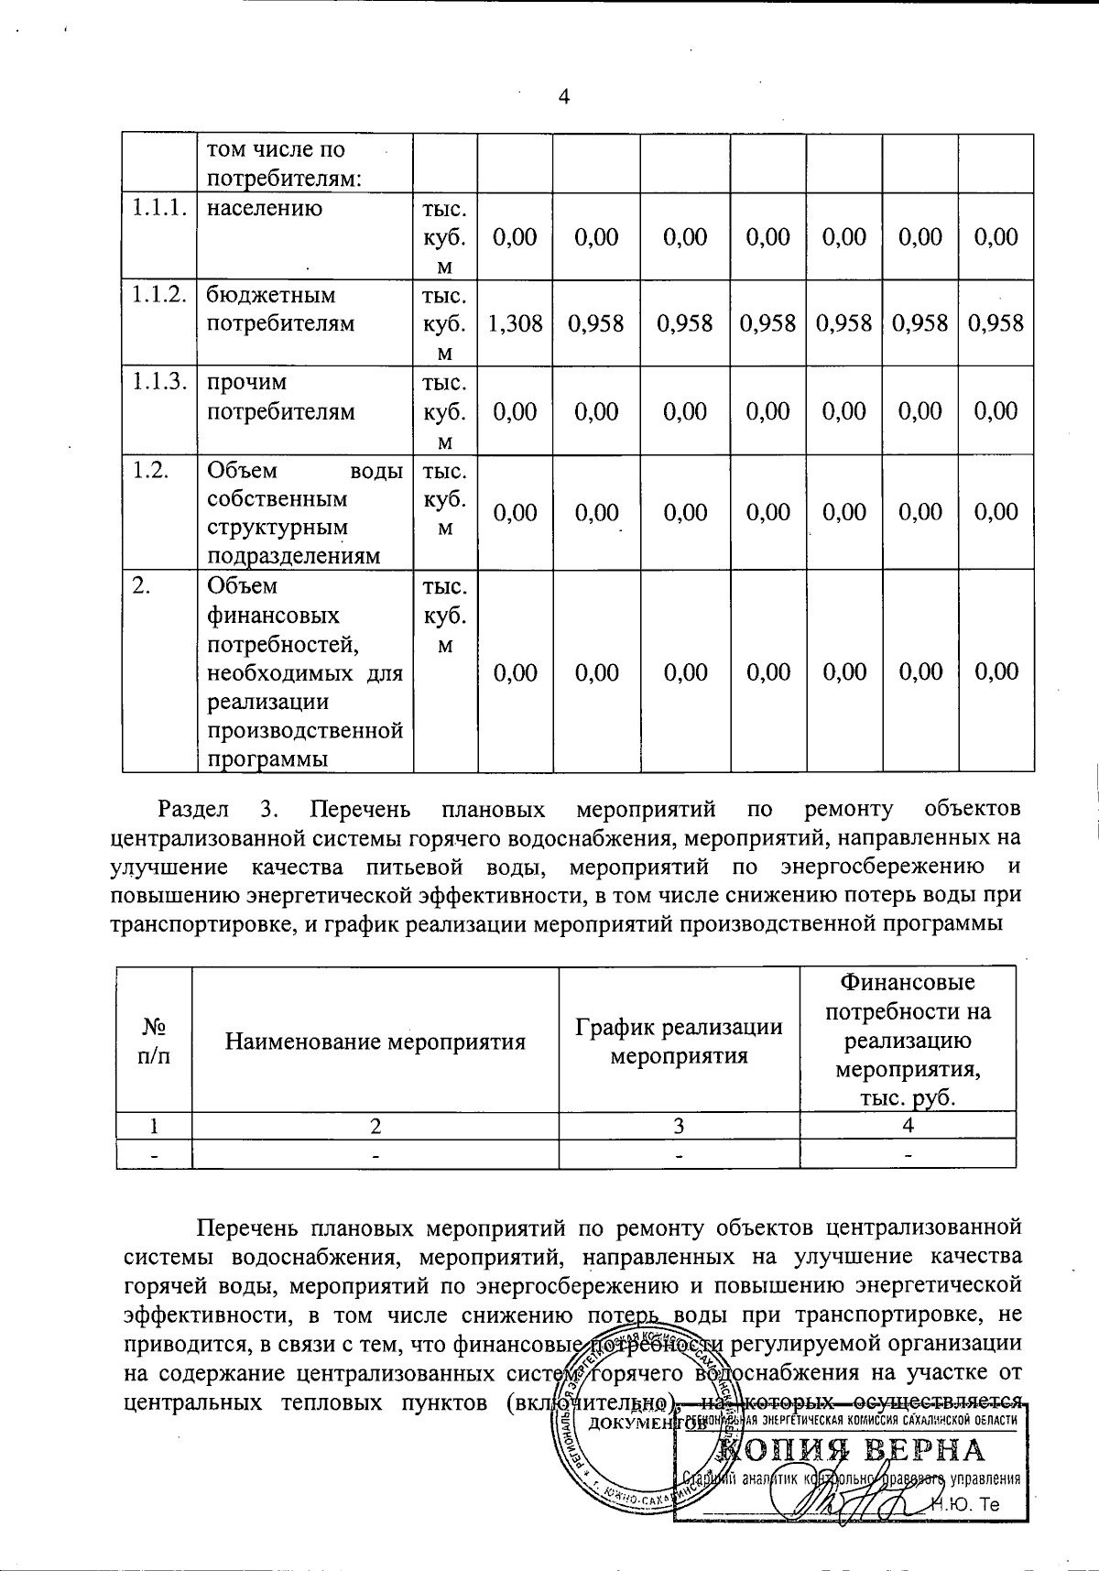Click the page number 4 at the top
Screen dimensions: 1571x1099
pyautogui.click(x=564, y=98)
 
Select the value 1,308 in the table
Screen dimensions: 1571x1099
pyautogui.click(x=515, y=323)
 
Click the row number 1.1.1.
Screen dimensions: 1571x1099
pyautogui.click(x=159, y=208)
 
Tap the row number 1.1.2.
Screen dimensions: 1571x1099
pyautogui.click(x=159, y=295)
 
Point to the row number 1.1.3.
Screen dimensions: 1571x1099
pyautogui.click(x=159, y=382)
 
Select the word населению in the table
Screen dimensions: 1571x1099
pyautogui.click(x=264, y=208)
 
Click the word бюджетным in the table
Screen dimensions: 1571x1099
pyautogui.click(x=271, y=295)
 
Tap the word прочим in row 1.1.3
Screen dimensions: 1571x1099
pyautogui.click(x=246, y=382)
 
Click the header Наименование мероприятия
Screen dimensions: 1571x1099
pyautogui.click(x=375, y=1042)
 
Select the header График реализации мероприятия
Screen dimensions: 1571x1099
pyautogui.click(x=679, y=1042)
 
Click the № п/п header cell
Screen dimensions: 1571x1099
pyautogui.click(x=154, y=1042)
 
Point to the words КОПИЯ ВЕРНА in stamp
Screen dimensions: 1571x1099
pyautogui.click(x=852, y=1450)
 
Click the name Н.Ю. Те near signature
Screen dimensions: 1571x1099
pyautogui.click(x=967, y=1505)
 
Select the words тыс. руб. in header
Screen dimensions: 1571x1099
pyautogui.click(x=908, y=1098)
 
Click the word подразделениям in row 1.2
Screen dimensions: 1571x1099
pyautogui.click(x=293, y=557)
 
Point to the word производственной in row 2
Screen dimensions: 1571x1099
pyautogui.click(x=305, y=731)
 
